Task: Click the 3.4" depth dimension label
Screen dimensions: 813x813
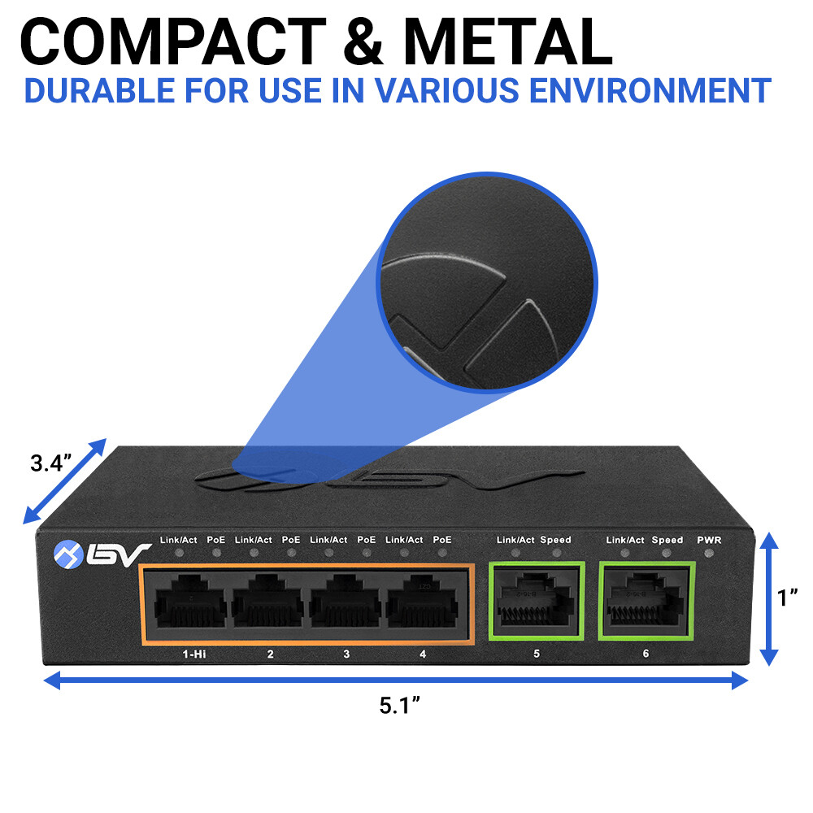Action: pos(50,464)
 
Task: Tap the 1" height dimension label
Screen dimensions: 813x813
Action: pos(786,598)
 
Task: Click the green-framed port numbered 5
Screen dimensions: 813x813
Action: pos(535,602)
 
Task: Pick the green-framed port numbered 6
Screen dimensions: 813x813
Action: pos(646,602)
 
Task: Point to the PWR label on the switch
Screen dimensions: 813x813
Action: pos(709,540)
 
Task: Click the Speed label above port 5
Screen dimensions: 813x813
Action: pos(555,540)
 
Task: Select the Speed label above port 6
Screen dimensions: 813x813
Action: pos(667,540)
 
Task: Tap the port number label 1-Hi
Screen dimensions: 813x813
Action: pos(193,654)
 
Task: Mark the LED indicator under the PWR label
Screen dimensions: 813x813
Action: pos(709,554)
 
